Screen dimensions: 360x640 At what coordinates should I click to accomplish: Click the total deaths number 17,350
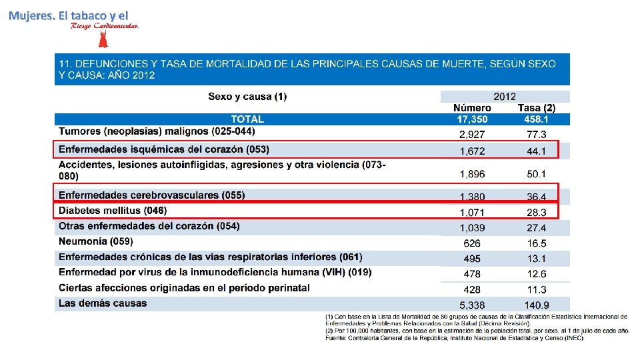tap(472, 119)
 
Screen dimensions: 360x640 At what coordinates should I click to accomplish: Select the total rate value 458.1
tap(536, 119)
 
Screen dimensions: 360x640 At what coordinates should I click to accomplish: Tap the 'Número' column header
tap(472, 108)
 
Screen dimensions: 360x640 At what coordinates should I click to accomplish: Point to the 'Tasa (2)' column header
tap(536, 108)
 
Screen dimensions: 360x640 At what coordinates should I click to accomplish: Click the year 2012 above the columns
tap(504, 97)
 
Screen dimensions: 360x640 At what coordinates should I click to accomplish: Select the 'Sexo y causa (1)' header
tap(247, 97)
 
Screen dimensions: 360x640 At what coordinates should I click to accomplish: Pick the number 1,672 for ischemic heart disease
tap(472, 151)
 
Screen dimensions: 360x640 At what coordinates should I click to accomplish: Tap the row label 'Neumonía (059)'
tap(96, 241)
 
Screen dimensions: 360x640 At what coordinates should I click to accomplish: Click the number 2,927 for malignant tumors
tap(472, 135)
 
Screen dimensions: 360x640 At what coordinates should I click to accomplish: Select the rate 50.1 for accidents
tap(536, 174)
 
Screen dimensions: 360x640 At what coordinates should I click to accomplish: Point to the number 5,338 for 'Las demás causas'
tap(472, 305)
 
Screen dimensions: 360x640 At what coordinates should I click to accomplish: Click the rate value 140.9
tap(536, 305)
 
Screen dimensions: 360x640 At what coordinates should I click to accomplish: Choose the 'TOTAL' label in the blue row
tap(247, 119)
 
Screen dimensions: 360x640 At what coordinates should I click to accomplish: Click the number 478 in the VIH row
tap(472, 274)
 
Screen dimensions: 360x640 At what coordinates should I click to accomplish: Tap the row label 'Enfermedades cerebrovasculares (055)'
tap(151, 195)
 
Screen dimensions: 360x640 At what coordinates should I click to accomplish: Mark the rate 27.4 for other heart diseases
tap(536, 228)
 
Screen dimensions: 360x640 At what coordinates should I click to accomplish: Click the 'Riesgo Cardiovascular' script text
tap(105, 26)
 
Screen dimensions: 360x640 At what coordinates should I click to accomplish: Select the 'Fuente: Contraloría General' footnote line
tap(454, 338)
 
